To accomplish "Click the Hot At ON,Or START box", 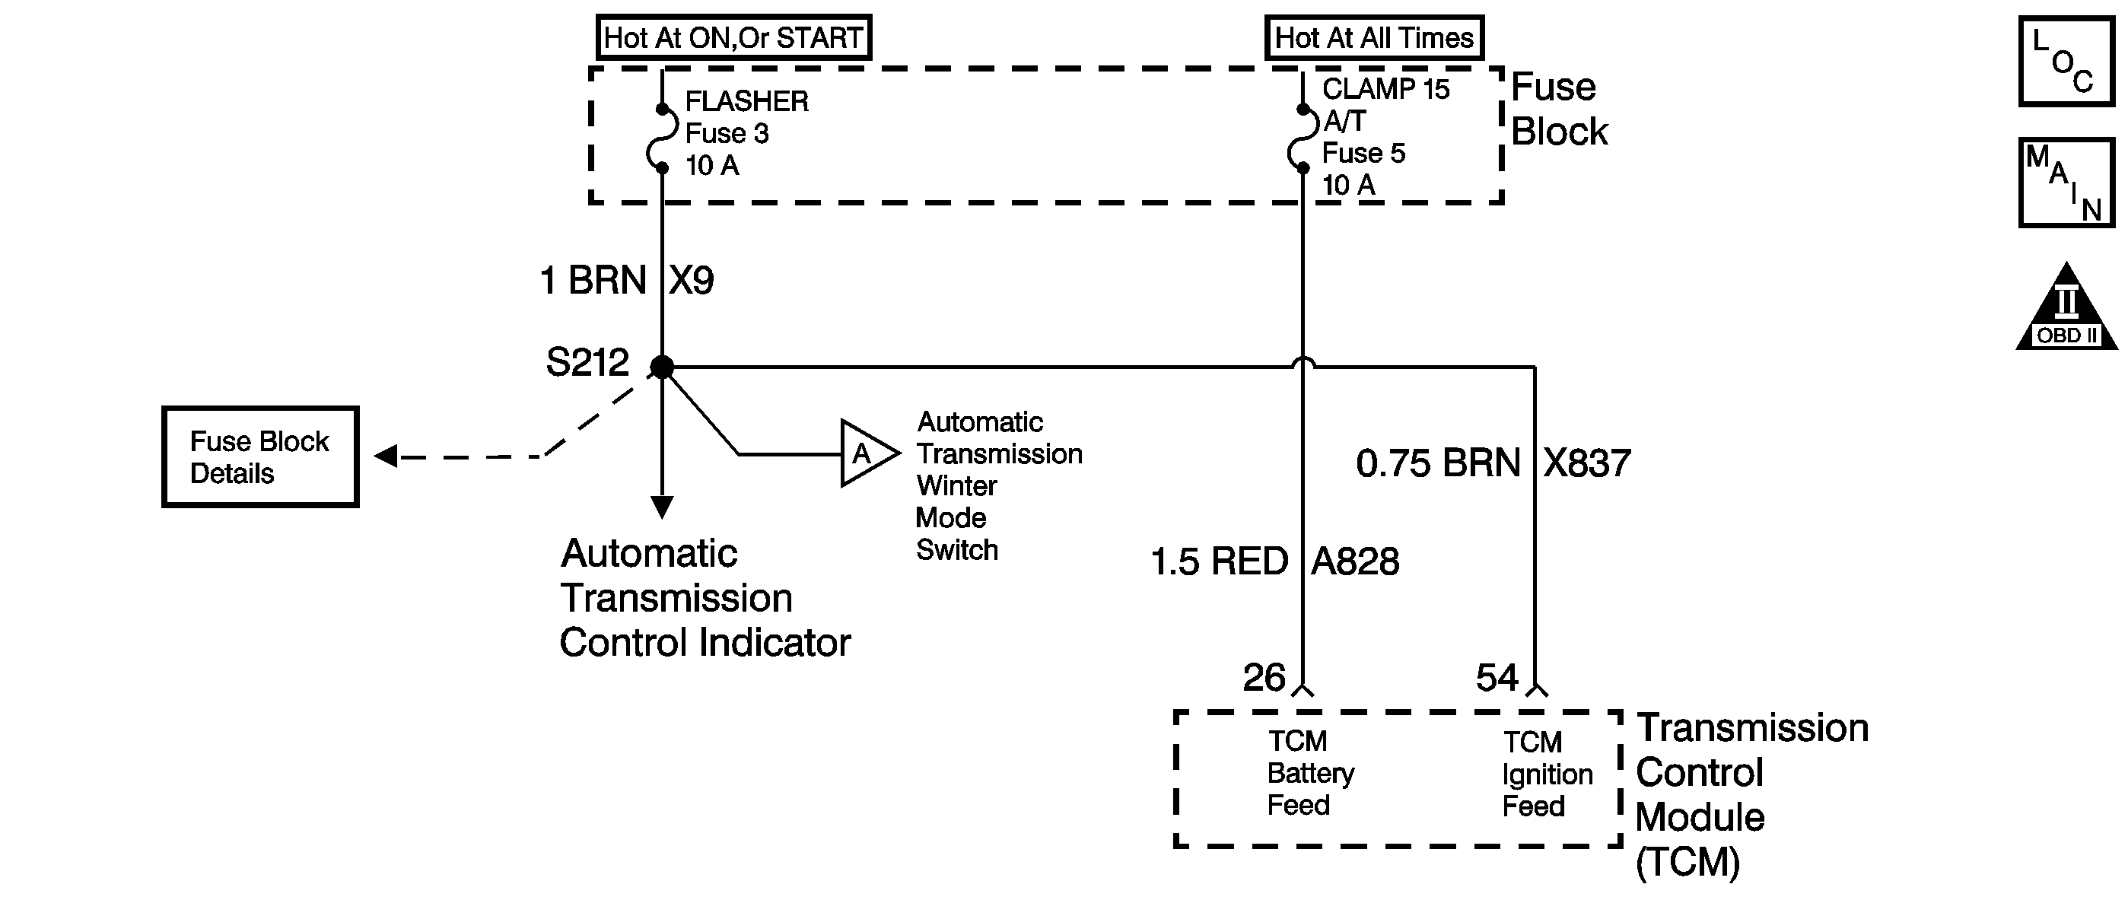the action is (733, 38).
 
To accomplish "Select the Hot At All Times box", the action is (1374, 38).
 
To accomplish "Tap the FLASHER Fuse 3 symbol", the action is (662, 138).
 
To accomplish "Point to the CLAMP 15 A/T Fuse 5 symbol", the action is (1303, 138).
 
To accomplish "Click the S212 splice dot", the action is (662, 367).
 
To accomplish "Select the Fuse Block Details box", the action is (260, 456).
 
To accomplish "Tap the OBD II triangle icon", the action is (2066, 307).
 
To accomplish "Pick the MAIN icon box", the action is (2066, 183).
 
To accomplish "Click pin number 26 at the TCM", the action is (1264, 678).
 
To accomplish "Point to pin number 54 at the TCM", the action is (1497, 678).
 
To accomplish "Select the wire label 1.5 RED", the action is (1220, 561).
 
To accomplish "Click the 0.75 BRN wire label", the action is (1438, 463).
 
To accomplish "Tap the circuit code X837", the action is (1587, 463).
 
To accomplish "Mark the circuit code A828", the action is (1356, 561).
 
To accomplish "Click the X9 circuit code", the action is (692, 281).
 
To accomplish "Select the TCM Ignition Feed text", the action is (1547, 774).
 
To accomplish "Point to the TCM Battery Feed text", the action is (1311, 773).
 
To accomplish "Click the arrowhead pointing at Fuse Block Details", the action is (385, 456).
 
